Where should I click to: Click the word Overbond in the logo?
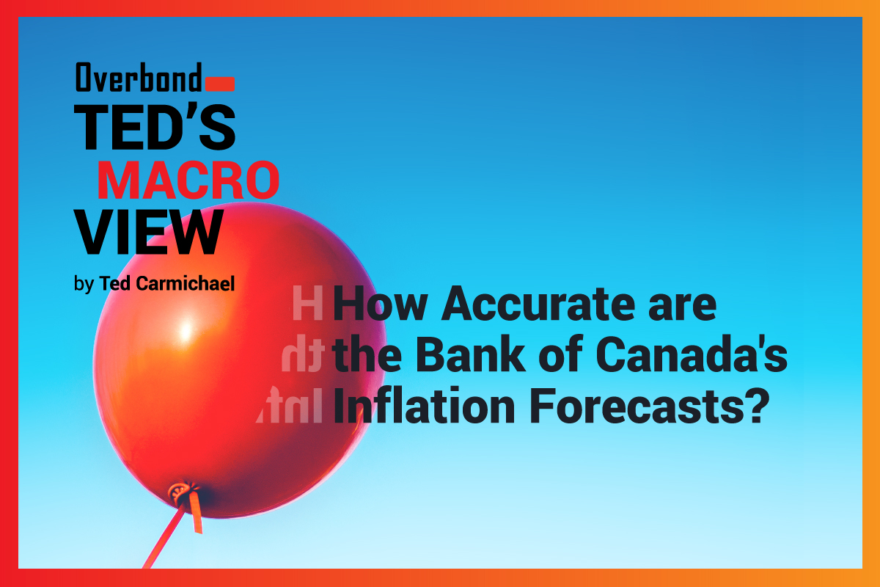pos(139,77)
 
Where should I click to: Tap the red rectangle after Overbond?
pos(220,84)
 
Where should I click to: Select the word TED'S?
pos(155,127)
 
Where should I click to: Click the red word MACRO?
pos(188,180)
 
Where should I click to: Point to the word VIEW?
pos(149,233)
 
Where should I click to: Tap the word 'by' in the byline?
pos(84,284)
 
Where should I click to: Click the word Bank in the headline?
pos(471,354)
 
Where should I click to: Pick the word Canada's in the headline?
pos(692,354)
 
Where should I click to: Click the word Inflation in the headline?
pos(424,405)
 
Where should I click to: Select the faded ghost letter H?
pos(307,303)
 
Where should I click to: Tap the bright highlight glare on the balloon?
pos(186,329)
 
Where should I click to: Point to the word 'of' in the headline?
pos(560,354)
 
